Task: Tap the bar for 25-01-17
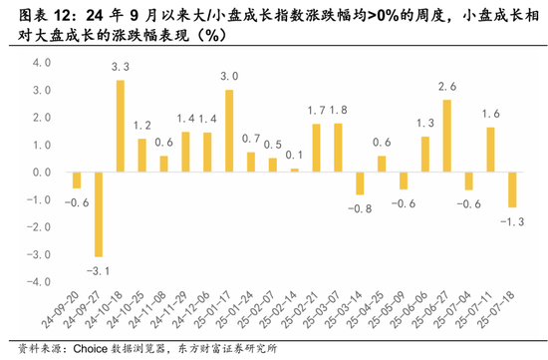(x=229, y=131)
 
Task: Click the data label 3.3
(x=121, y=67)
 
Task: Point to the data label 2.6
(x=446, y=87)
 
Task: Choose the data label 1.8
(x=338, y=110)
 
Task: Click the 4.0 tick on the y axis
(x=41, y=62)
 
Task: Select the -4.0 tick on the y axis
(x=39, y=282)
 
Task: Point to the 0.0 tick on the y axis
(x=41, y=172)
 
